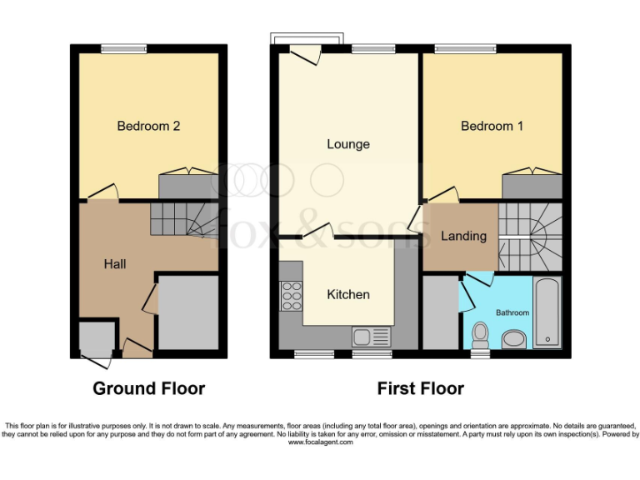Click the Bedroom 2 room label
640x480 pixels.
coord(148,127)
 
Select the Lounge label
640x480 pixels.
coord(347,144)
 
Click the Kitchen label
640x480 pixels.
coord(347,294)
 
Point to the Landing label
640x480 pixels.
coord(463,236)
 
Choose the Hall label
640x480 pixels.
coord(115,264)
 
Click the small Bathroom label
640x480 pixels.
coord(512,312)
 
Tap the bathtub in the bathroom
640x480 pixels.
coord(547,312)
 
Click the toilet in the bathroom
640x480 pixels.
coord(480,335)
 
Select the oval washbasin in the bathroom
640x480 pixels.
coord(514,338)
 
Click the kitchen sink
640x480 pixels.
coord(371,337)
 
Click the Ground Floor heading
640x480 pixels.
coord(148,388)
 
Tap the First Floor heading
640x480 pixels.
coord(420,388)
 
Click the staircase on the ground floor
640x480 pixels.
coord(184,220)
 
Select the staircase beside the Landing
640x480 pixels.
coord(530,237)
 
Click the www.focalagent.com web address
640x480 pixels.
coord(320,442)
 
